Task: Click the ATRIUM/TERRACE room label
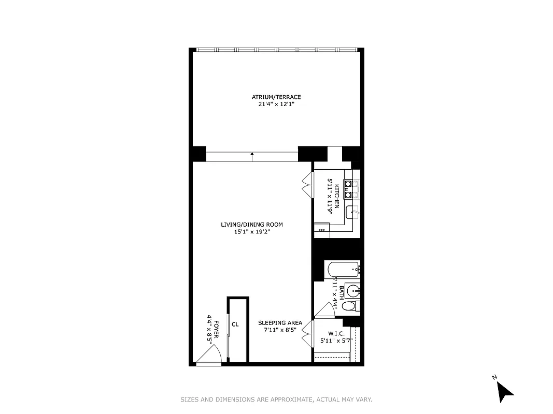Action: (x=276, y=97)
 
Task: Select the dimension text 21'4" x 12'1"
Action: (x=276, y=104)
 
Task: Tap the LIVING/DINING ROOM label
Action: (x=252, y=225)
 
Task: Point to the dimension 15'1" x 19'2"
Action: (x=252, y=232)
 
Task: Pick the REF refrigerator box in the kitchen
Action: (x=321, y=230)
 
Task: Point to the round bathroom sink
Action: (x=353, y=289)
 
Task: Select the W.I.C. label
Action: (x=336, y=334)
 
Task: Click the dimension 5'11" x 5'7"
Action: (x=336, y=341)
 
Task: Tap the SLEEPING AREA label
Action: (x=280, y=323)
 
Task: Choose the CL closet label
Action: (x=235, y=324)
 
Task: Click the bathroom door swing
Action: (x=327, y=309)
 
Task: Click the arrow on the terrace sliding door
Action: (x=252, y=155)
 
